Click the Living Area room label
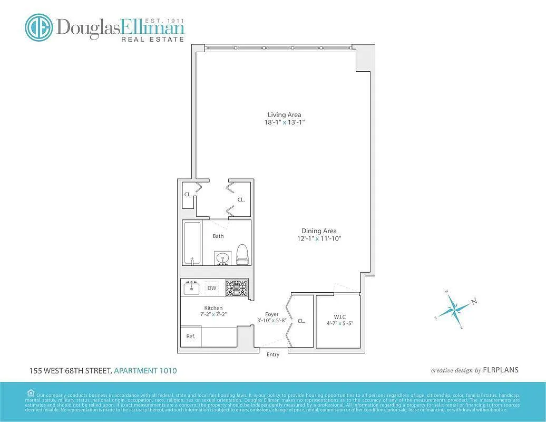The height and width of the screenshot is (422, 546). tap(284, 114)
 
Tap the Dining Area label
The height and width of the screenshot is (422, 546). tap(319, 231)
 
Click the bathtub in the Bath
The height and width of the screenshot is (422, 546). tap(192, 243)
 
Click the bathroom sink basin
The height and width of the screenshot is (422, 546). tap(223, 258)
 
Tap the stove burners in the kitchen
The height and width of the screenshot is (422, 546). tap(237, 287)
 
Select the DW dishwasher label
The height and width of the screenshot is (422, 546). tap(212, 288)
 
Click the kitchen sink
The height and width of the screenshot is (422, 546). tap(191, 288)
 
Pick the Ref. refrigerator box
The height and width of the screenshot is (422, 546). tap(191, 336)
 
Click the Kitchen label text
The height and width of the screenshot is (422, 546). tap(213, 308)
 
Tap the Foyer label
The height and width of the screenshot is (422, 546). tap(272, 314)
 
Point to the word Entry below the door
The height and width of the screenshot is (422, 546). tap(273, 354)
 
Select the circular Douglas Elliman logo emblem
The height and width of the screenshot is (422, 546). tap(38, 27)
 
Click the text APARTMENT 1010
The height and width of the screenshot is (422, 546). tap(145, 371)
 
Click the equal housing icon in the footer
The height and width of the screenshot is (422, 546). tap(31, 392)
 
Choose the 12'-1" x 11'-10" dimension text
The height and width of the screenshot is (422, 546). tap(319, 238)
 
